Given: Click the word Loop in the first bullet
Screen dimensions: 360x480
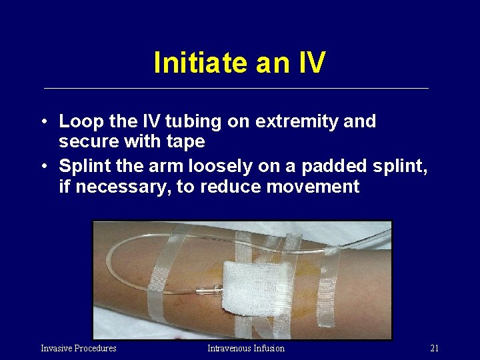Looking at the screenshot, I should click(x=81, y=122).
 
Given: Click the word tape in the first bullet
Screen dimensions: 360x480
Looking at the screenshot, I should click(x=186, y=143).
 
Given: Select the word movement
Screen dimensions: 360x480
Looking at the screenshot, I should click(x=313, y=187).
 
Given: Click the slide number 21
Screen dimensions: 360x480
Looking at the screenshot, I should click(x=434, y=348).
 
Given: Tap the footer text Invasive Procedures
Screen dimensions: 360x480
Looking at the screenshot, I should click(x=79, y=348).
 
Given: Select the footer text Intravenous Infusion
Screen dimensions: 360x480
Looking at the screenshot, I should click(x=245, y=348).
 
